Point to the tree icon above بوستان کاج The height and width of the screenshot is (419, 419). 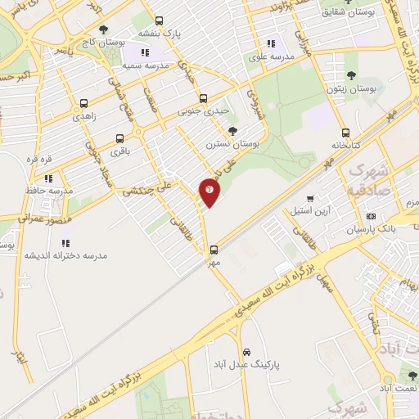point(102,29)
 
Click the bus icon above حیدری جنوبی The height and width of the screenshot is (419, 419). point(203,99)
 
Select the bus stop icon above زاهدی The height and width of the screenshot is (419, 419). point(84,105)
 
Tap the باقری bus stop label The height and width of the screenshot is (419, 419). point(120,151)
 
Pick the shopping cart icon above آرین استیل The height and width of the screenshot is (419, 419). point(311,198)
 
